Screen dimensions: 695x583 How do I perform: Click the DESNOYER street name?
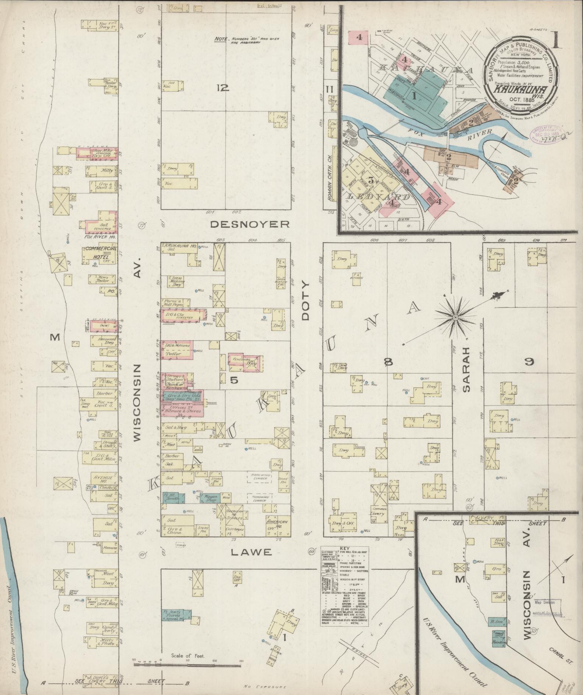pyautogui.click(x=250, y=224)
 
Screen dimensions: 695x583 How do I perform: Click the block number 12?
pyautogui.click(x=223, y=88)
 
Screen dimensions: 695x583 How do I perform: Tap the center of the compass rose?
pyautogui.click(x=455, y=317)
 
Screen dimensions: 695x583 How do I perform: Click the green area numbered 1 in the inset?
pyautogui.click(x=414, y=96)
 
